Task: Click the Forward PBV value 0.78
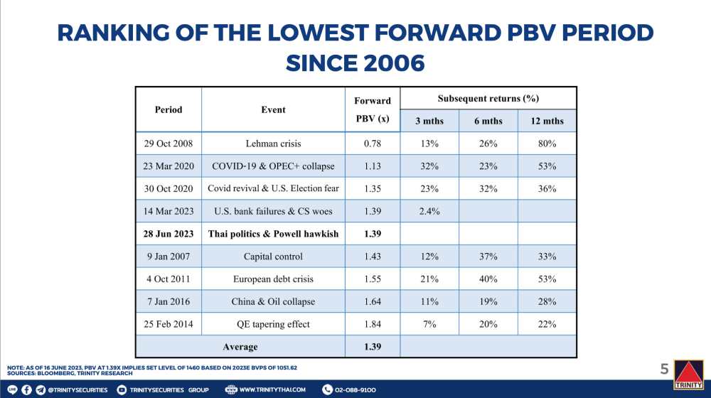[x=373, y=144]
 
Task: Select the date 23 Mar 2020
[x=169, y=166]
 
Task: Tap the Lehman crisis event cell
[x=274, y=144]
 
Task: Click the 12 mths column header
[x=547, y=121]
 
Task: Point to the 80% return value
[x=547, y=144]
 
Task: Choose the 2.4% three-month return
[x=429, y=211]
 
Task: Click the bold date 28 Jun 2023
[x=169, y=234]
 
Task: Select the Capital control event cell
[x=274, y=257]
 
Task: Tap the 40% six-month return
[x=488, y=279]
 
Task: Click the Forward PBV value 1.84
[x=373, y=324]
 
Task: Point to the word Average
[x=240, y=347]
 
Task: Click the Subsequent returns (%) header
[x=488, y=98]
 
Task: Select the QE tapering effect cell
[x=274, y=324]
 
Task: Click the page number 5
[x=664, y=369]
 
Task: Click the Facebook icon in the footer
[x=27, y=390]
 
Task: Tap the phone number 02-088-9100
[x=355, y=390]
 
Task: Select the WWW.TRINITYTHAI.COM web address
[x=272, y=390]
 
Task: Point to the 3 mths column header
[x=429, y=121]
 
